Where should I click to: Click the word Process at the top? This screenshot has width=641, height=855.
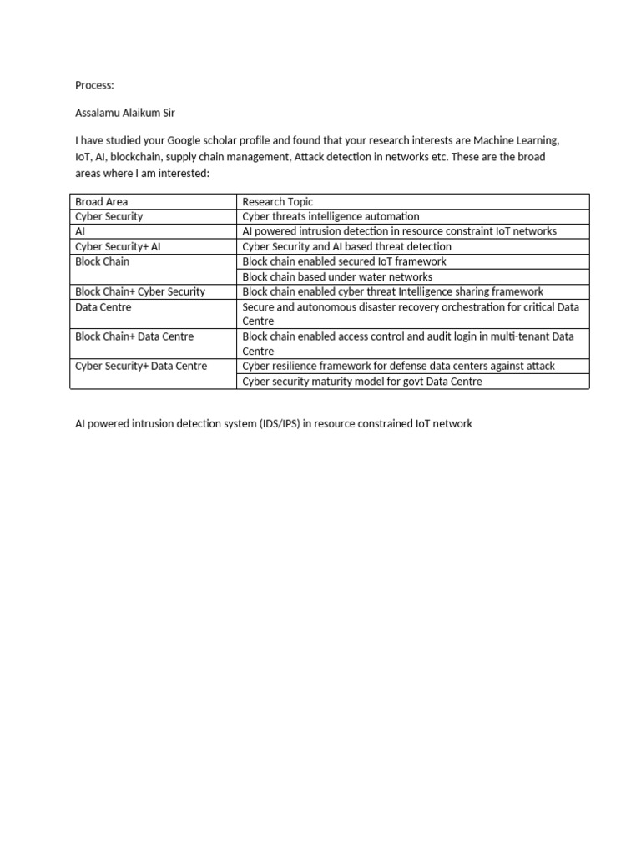point(93,85)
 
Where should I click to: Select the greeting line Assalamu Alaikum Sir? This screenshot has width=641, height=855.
point(125,113)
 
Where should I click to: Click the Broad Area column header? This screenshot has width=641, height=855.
point(102,201)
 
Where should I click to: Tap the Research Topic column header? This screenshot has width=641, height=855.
point(278,201)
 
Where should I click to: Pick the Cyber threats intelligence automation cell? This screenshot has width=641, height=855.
point(331,216)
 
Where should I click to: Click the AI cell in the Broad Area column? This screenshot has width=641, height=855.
point(80,231)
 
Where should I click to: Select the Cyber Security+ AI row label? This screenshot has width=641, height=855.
point(117,246)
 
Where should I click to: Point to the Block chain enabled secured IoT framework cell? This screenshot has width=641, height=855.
point(344,261)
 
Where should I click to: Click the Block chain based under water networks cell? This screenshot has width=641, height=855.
point(337,276)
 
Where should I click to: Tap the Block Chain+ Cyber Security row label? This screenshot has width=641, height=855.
point(140,291)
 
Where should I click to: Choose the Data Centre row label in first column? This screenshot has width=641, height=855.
point(103,306)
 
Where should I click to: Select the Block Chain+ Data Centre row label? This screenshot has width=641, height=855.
point(134,336)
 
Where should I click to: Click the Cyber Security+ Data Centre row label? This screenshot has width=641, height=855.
point(141,366)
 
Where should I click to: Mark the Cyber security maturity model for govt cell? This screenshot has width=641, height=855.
point(361,382)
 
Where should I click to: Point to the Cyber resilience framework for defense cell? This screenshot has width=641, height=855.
point(398,366)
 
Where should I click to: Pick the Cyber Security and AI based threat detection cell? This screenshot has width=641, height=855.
point(346,246)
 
